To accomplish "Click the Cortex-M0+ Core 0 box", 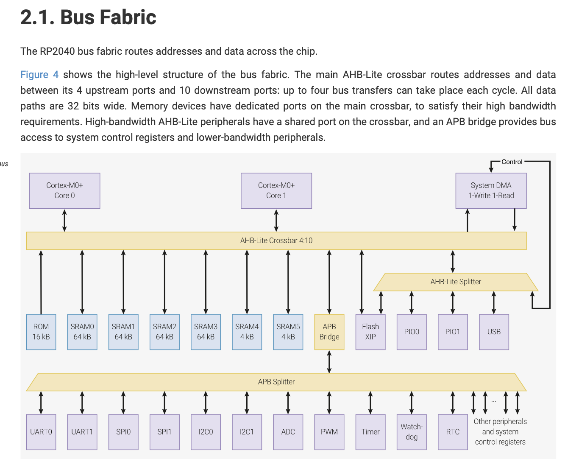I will [64, 190].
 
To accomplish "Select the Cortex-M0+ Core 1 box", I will [276, 190].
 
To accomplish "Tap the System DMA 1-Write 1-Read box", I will [491, 190].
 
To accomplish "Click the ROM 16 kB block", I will [41, 332].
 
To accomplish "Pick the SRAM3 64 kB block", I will [206, 332].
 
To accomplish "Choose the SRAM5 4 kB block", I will [288, 332].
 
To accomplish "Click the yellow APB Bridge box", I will [329, 332].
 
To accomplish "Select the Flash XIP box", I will [370, 332].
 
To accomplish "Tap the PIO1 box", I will [453, 332].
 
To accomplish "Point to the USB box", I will [494, 332].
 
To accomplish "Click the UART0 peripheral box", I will [41, 432].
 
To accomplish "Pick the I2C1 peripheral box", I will [247, 432].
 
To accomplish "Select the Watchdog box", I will [412, 432].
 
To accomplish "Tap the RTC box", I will [453, 432].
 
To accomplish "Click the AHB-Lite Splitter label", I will [456, 282].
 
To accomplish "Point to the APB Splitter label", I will [276, 382].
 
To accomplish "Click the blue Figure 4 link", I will [39, 75].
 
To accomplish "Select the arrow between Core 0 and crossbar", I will [64, 220].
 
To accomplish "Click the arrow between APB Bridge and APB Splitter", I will [329, 361].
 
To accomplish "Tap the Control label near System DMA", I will [512, 162].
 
